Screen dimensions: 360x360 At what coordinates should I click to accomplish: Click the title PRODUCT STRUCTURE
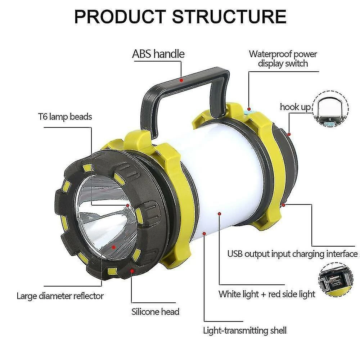tap(180, 17)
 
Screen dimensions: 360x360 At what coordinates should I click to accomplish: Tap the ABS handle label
tap(158, 54)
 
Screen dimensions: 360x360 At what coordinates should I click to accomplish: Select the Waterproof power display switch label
tap(283, 59)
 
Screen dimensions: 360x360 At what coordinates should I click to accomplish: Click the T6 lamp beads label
tap(65, 117)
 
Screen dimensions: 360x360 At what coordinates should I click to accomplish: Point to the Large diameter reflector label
tap(60, 296)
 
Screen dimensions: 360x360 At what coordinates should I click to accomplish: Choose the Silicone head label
tap(156, 311)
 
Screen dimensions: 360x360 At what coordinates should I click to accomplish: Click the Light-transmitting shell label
tap(245, 330)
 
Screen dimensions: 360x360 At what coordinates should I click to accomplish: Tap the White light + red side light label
tap(267, 294)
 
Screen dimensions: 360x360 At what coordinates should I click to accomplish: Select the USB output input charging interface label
tap(292, 254)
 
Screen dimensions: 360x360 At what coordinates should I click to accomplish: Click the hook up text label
tap(295, 107)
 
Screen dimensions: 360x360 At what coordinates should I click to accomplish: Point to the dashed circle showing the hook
tap(330, 109)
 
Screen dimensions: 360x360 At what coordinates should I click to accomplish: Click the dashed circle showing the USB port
tap(336, 279)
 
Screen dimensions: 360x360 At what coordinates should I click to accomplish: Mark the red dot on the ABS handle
tap(181, 80)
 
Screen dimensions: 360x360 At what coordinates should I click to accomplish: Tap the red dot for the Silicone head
tap(132, 271)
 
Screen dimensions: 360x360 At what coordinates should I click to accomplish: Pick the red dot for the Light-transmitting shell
tap(204, 234)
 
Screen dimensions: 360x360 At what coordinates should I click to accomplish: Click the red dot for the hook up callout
tap(289, 134)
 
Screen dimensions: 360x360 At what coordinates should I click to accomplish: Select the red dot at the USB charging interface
tap(284, 205)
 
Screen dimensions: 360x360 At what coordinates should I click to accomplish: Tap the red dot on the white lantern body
tap(220, 214)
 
